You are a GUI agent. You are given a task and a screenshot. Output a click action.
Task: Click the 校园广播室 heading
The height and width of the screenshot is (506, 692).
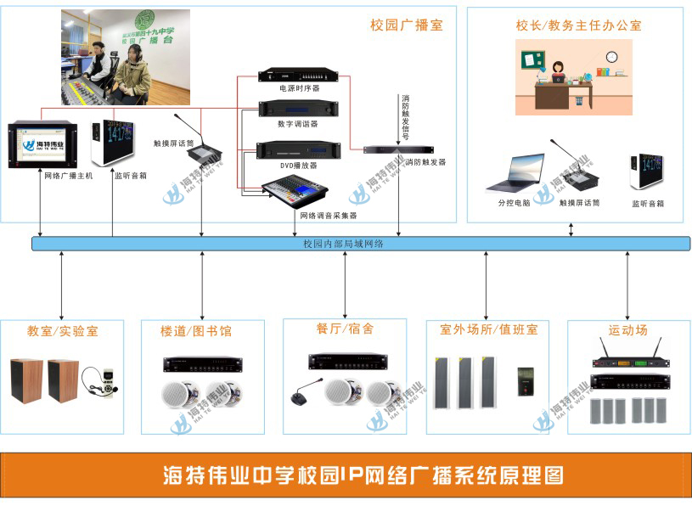[x=407, y=25]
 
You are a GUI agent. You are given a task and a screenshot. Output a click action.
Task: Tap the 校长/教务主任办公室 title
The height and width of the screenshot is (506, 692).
[x=578, y=25]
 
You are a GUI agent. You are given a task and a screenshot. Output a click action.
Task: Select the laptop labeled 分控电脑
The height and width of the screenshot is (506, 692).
[x=515, y=172]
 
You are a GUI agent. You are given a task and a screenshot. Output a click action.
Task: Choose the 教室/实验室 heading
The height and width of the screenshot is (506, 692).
[x=62, y=331]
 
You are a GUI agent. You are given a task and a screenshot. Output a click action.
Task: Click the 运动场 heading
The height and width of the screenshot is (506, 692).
[x=627, y=329]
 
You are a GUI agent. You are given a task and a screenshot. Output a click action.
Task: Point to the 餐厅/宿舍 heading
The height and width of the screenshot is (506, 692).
[x=344, y=328]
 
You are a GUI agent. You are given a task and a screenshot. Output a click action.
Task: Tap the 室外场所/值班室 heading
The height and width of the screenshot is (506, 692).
[x=488, y=329]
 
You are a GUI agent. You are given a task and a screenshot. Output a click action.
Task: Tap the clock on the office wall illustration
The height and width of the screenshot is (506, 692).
[x=611, y=57]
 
